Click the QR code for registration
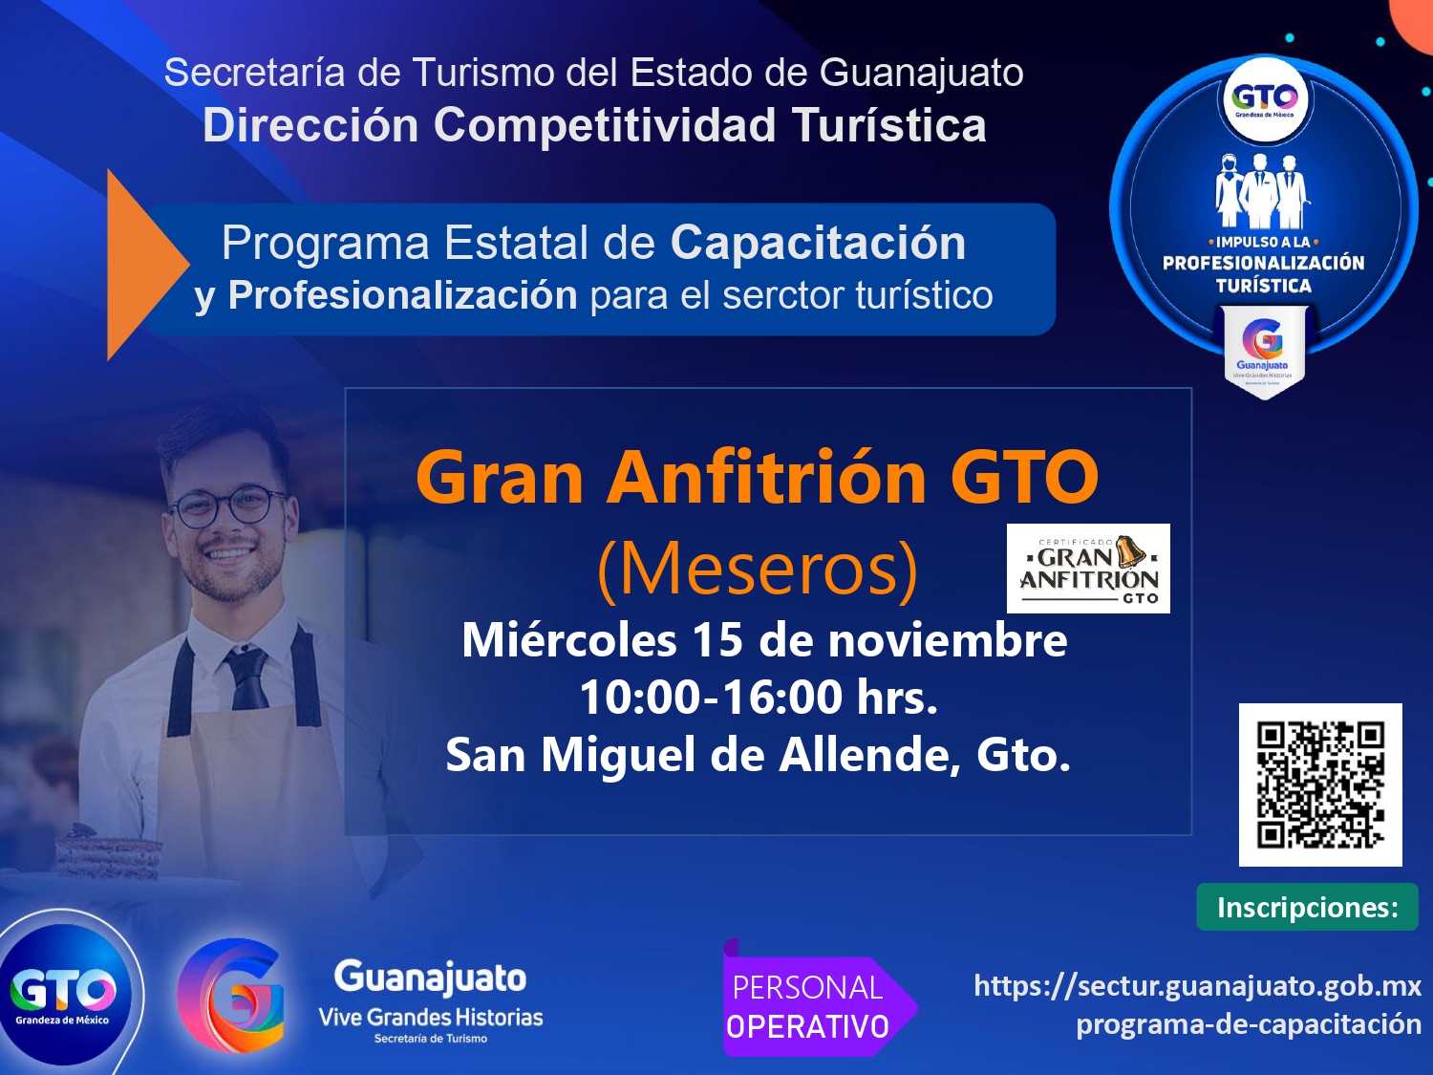[x=1320, y=785]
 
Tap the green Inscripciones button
[x=1307, y=907]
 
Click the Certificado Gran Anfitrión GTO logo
[x=1088, y=569]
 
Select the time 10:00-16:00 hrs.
[x=759, y=698]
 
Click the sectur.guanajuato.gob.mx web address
[x=1197, y=986]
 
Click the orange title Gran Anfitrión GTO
[x=758, y=477]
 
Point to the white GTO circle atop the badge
[x=1264, y=98]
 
